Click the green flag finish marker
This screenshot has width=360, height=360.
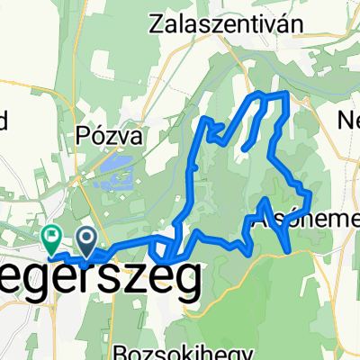point(50,238)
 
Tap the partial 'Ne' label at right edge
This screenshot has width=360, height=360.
point(347,120)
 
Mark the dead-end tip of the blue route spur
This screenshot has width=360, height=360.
point(243,148)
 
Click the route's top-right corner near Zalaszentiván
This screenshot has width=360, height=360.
point(286,93)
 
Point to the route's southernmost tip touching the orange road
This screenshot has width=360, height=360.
point(286,251)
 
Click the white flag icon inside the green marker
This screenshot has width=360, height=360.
point(50,237)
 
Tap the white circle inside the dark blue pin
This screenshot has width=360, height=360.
point(87,238)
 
